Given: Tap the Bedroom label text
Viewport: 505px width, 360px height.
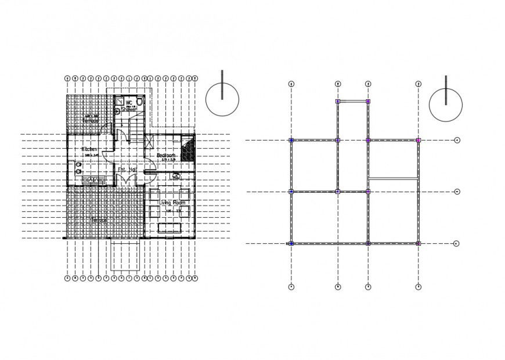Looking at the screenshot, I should tap(167, 156).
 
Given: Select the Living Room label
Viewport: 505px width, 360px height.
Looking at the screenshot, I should tap(170, 203).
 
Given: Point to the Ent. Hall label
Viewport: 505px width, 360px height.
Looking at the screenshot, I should tap(127, 170).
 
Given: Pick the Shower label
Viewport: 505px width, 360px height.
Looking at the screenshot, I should tap(129, 109).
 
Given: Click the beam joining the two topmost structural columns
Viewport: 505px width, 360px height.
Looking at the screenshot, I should tap(352, 102).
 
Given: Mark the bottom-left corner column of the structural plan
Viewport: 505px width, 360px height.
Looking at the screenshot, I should tap(291, 243).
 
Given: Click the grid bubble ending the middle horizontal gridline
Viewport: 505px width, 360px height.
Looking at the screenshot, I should tap(457, 191).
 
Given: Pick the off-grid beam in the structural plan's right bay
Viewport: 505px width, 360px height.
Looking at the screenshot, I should tap(393, 178).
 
